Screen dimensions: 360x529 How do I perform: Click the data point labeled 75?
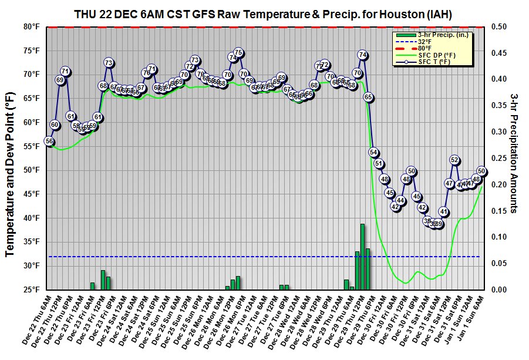click(x=238, y=53)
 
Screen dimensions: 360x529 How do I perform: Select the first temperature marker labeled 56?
click(x=49, y=142)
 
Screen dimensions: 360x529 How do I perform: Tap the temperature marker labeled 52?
click(x=454, y=160)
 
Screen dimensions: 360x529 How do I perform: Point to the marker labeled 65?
click(x=368, y=97)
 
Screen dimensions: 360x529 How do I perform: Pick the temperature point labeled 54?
click(x=373, y=152)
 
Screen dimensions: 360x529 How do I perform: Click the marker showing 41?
click(x=444, y=212)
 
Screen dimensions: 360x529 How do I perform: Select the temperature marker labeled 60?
click(x=55, y=125)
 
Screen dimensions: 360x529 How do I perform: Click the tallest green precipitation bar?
click(x=362, y=257)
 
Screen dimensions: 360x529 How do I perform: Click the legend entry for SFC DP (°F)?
click(x=434, y=55)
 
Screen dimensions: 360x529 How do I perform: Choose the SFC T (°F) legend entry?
click(x=433, y=61)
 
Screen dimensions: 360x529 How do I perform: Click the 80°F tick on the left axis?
click(x=31, y=26)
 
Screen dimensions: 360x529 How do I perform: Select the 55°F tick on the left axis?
click(x=31, y=146)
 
